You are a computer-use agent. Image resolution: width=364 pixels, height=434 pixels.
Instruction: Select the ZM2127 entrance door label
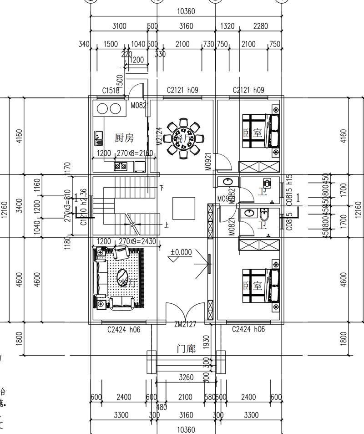185,324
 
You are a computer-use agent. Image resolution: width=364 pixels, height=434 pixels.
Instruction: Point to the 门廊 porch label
186,349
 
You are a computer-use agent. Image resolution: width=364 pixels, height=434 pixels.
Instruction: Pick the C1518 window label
111,91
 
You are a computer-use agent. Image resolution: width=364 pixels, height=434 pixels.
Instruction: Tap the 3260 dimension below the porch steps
186,378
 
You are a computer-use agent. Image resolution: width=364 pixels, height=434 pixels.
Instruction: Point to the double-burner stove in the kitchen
120,166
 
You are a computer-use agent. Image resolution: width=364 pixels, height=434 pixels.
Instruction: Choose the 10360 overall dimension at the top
186,11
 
